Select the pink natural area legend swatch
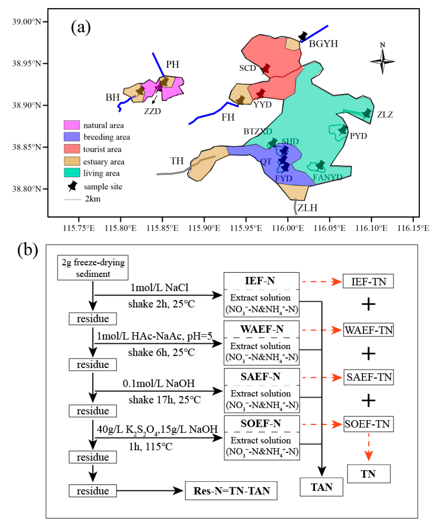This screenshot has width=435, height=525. [x=72, y=125]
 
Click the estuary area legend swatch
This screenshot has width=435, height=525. [x=72, y=161]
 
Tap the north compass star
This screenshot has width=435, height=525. [x=382, y=61]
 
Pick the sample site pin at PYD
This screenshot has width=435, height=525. [x=343, y=130]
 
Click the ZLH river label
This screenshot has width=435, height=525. [x=307, y=208]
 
